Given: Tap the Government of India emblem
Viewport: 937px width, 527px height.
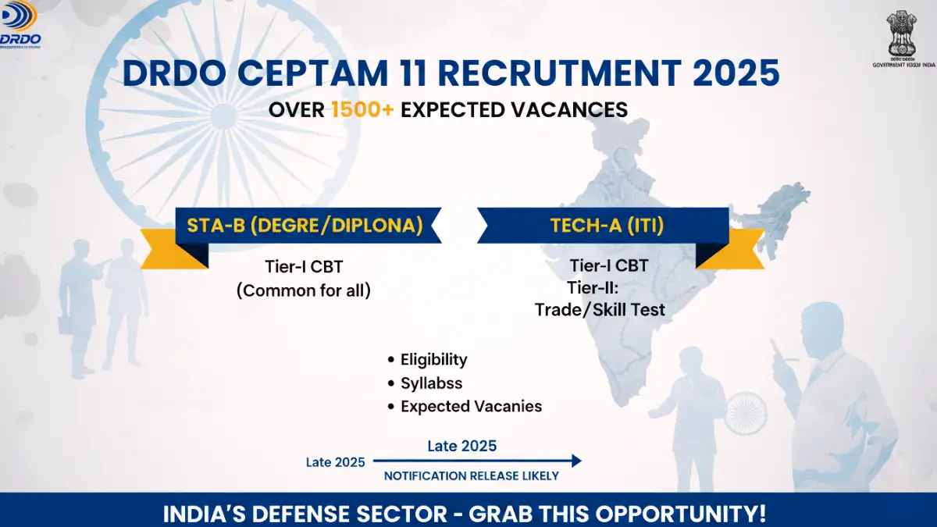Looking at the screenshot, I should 903,35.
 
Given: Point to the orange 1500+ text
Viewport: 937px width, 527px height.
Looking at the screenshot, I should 362,110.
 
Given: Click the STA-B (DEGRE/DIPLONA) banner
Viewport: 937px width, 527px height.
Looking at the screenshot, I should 305,226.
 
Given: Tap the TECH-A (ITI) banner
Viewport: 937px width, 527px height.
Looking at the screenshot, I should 607,226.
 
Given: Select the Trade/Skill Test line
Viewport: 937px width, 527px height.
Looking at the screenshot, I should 600,309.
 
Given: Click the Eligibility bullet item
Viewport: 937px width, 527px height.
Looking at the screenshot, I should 433,360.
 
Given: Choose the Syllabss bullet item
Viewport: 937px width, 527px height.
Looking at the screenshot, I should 431,383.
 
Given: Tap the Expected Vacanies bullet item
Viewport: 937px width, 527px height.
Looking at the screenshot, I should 471,407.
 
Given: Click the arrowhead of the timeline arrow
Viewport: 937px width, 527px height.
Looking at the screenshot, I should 576,461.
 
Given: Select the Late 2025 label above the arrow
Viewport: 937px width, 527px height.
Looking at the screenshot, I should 461,447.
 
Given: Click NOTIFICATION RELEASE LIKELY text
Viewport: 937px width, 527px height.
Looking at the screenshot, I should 471,476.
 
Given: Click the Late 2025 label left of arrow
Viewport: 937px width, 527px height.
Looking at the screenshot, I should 335,462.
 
